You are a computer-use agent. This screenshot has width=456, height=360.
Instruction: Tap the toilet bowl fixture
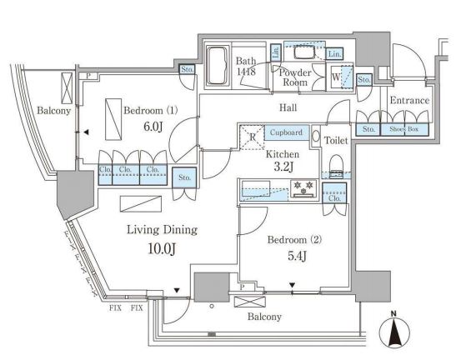337,166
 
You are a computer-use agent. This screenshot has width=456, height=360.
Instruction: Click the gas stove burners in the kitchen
303,188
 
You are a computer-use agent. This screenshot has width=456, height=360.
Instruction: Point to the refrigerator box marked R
252,137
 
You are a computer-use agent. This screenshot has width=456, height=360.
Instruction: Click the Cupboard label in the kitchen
286,132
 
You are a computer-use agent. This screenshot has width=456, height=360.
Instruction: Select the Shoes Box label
404,129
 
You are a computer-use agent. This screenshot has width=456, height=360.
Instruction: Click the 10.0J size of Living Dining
162,249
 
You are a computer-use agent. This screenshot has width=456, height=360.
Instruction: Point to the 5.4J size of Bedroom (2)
298,256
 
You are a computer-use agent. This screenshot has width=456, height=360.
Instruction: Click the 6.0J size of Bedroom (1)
153,126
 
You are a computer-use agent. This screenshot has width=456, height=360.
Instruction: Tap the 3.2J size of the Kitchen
283,167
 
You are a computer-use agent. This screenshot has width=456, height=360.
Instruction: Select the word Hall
288,107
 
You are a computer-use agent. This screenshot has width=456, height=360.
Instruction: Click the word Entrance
409,100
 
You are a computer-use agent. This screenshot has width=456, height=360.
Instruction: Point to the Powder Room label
295,77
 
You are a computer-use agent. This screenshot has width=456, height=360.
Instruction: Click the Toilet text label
336,141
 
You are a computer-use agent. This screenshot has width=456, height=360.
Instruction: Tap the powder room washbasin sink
304,53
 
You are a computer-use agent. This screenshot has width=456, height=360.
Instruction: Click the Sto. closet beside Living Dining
184,177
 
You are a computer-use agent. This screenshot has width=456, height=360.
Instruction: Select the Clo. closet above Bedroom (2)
334,192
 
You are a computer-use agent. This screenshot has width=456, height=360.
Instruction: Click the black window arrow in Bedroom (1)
86,132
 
